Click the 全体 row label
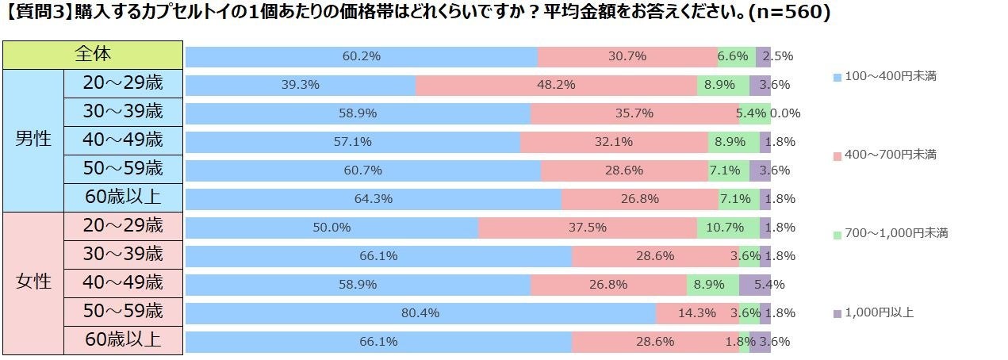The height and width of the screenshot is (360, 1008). pyautogui.click(x=93, y=55)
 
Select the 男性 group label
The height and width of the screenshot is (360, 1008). pyautogui.click(x=33, y=140)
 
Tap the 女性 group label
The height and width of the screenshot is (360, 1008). pyautogui.click(x=33, y=281)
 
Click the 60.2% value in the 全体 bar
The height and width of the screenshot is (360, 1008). pyautogui.click(x=362, y=56)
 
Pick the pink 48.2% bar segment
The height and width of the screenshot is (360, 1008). pyautogui.click(x=556, y=85)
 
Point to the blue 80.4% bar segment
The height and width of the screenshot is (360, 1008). pyautogui.click(x=420, y=313)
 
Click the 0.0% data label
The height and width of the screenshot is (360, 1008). pyautogui.click(x=785, y=113)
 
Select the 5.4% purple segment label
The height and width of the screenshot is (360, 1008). pyautogui.click(x=769, y=285)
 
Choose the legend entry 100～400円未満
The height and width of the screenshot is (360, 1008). pyautogui.click(x=885, y=77)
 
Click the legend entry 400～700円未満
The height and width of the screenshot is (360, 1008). pyautogui.click(x=885, y=155)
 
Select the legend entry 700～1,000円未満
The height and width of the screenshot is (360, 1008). pyautogui.click(x=890, y=233)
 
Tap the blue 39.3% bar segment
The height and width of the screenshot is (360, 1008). pyautogui.click(x=301, y=85)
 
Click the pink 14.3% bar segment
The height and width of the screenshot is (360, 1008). pyautogui.click(x=697, y=313)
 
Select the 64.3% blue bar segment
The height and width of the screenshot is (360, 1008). pyautogui.click(x=374, y=199)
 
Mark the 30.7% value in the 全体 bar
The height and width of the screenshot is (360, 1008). pyautogui.click(x=627, y=56)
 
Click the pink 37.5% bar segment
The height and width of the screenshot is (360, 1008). pyautogui.click(x=588, y=228)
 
